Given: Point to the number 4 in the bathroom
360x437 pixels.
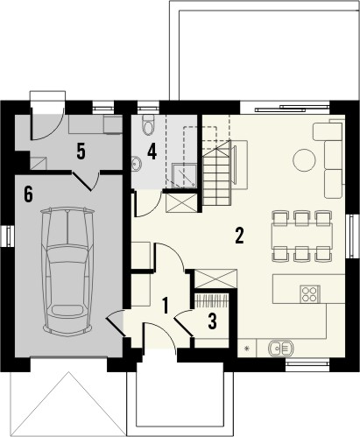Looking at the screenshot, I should click(152, 150).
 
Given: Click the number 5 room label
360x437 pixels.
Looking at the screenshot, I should click(80, 151).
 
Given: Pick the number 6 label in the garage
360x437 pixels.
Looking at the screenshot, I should click(29, 194).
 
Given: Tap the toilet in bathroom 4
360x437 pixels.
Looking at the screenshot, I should click(148, 123).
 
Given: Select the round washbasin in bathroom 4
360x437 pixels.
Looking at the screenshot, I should click(137, 162).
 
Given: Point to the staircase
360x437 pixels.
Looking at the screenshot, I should click(219, 166).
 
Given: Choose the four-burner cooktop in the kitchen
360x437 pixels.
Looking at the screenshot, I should click(309, 293).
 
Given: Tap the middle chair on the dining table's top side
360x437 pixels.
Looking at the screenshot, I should click(302, 216).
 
